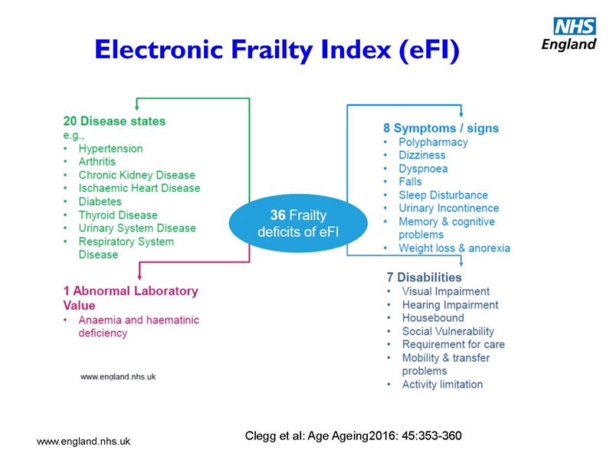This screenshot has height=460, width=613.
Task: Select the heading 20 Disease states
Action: (114, 121)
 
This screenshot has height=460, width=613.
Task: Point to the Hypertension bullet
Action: (110, 148)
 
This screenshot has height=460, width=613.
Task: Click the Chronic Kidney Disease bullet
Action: (136, 175)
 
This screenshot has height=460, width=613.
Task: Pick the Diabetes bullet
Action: (100, 202)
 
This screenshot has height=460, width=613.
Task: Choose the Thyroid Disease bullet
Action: (117, 215)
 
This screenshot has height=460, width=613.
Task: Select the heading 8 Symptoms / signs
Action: (441, 128)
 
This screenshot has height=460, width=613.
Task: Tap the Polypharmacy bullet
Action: (433, 142)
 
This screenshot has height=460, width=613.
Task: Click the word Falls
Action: (410, 182)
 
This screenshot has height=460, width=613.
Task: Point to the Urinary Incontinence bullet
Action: (448, 208)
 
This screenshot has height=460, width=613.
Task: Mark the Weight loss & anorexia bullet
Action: (454, 248)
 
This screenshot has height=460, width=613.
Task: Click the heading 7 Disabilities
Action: (424, 277)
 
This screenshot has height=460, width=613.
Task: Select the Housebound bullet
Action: (433, 317)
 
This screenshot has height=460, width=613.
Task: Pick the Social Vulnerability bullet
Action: (448, 331)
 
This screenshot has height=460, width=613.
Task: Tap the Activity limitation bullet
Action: (442, 384)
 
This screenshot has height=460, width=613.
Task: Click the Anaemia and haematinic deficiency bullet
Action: (138, 327)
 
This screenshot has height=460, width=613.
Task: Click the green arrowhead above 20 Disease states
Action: (136, 107)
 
